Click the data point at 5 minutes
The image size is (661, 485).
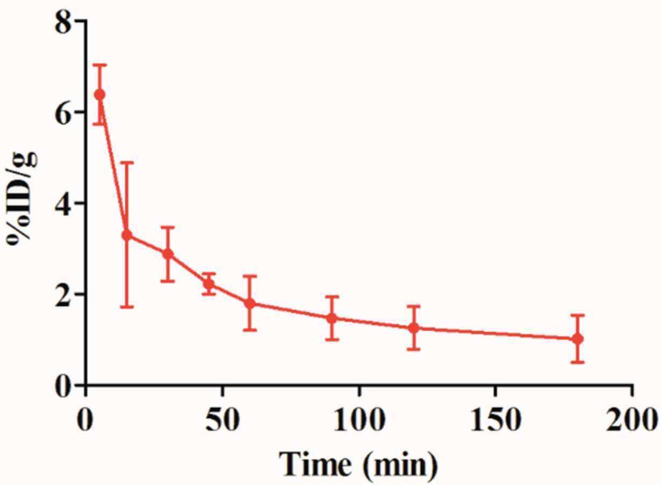(x=99, y=95)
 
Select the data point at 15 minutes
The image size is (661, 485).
(x=127, y=236)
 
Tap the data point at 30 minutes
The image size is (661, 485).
(x=168, y=254)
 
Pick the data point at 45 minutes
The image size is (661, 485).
(x=209, y=284)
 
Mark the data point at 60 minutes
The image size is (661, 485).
(x=249, y=303)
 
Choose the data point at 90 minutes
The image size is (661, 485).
(x=332, y=318)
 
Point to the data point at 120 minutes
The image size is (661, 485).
(x=413, y=327)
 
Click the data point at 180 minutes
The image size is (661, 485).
(x=578, y=339)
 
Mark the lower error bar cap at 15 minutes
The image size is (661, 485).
(x=127, y=307)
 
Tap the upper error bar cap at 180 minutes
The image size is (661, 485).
(x=578, y=315)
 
